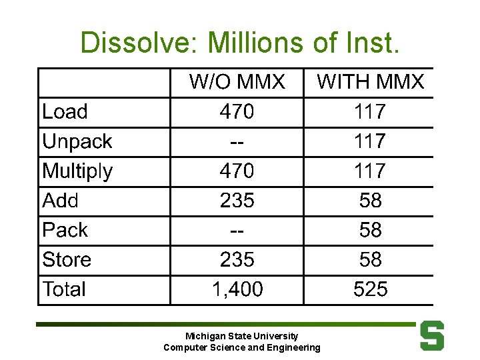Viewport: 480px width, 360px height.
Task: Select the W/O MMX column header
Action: point(237,82)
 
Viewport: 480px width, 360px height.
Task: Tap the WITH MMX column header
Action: point(370,82)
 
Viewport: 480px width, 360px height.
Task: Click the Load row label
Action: point(65,112)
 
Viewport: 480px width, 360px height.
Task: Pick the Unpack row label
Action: point(77,141)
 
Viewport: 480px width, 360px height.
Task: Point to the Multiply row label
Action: point(77,171)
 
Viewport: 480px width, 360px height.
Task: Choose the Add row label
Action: point(60,201)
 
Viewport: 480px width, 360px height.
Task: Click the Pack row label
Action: point(65,230)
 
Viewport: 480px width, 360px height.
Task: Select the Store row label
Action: point(67,259)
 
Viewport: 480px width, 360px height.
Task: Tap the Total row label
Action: point(64,289)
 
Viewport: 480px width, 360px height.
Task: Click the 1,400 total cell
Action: point(237,289)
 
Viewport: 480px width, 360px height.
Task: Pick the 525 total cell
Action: point(370,289)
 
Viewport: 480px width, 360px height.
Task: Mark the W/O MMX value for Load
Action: point(237,112)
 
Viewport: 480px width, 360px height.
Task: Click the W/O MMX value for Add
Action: point(237,201)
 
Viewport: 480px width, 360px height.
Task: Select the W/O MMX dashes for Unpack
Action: point(237,141)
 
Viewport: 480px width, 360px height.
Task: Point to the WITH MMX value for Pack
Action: point(370,230)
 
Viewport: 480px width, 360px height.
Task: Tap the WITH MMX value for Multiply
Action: point(370,171)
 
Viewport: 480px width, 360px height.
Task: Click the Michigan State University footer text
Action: point(241,337)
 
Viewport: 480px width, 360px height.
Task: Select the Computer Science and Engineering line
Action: point(241,347)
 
